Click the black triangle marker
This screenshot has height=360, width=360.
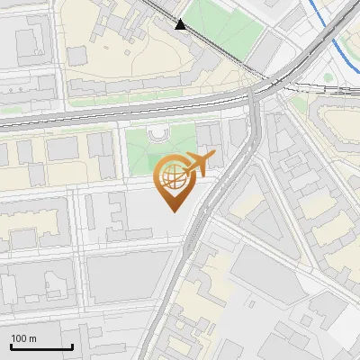(x=181, y=24)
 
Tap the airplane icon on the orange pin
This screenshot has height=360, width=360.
(x=199, y=163)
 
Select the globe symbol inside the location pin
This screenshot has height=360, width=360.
(x=173, y=177)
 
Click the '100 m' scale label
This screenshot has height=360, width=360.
(x=24, y=338)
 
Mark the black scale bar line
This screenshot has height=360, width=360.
(x=41, y=346)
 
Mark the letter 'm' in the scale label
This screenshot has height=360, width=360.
(x=32, y=338)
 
